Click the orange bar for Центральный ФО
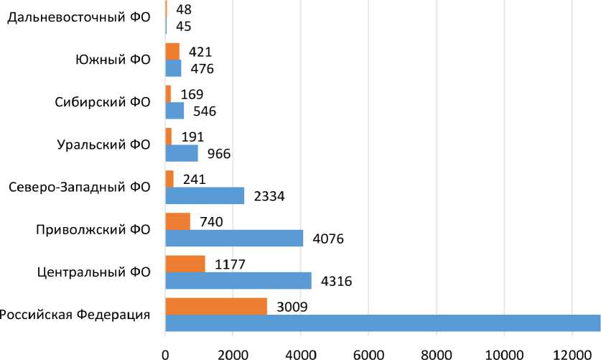[185, 264]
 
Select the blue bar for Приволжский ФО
[234, 238]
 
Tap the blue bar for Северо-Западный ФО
[205, 195]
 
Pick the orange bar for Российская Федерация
[216, 306]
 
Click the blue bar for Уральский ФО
[182, 153]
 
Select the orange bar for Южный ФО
[172, 51]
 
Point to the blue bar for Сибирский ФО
[174, 111]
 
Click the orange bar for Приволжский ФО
[178, 221]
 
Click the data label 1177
[230, 264]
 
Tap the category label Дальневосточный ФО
[78, 17]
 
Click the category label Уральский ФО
[103, 144]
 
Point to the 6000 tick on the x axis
[368, 351]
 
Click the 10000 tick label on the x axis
[503, 351]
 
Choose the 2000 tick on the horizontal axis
[233, 351]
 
